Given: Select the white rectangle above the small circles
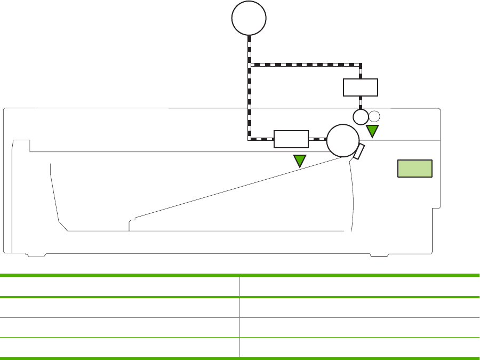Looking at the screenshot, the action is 361,87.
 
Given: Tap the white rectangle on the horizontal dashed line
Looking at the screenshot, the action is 291,139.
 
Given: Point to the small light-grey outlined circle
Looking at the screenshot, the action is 374,116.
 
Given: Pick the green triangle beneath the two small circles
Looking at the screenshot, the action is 372,131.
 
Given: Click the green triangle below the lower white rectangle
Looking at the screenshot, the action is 300,160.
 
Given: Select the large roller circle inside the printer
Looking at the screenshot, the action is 342,140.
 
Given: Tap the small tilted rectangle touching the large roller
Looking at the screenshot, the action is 359,151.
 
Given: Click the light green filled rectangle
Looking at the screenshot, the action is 415,168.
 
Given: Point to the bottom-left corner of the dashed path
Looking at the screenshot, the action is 250,139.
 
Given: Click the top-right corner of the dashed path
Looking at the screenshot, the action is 361,65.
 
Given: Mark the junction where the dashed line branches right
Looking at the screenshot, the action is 250,65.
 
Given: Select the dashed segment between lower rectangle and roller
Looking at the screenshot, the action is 317,139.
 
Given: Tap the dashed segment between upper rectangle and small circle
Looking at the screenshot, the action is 361,102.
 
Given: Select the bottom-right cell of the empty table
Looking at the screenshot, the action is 359,347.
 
